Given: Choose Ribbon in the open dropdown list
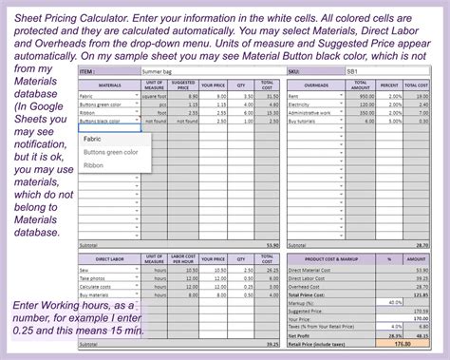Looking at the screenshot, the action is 94,165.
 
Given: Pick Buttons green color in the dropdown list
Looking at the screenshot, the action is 111,152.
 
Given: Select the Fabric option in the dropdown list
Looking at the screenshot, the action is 93,139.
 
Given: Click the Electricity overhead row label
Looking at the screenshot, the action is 305,104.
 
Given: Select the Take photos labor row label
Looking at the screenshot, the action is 96,279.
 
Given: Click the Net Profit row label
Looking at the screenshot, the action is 303,335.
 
